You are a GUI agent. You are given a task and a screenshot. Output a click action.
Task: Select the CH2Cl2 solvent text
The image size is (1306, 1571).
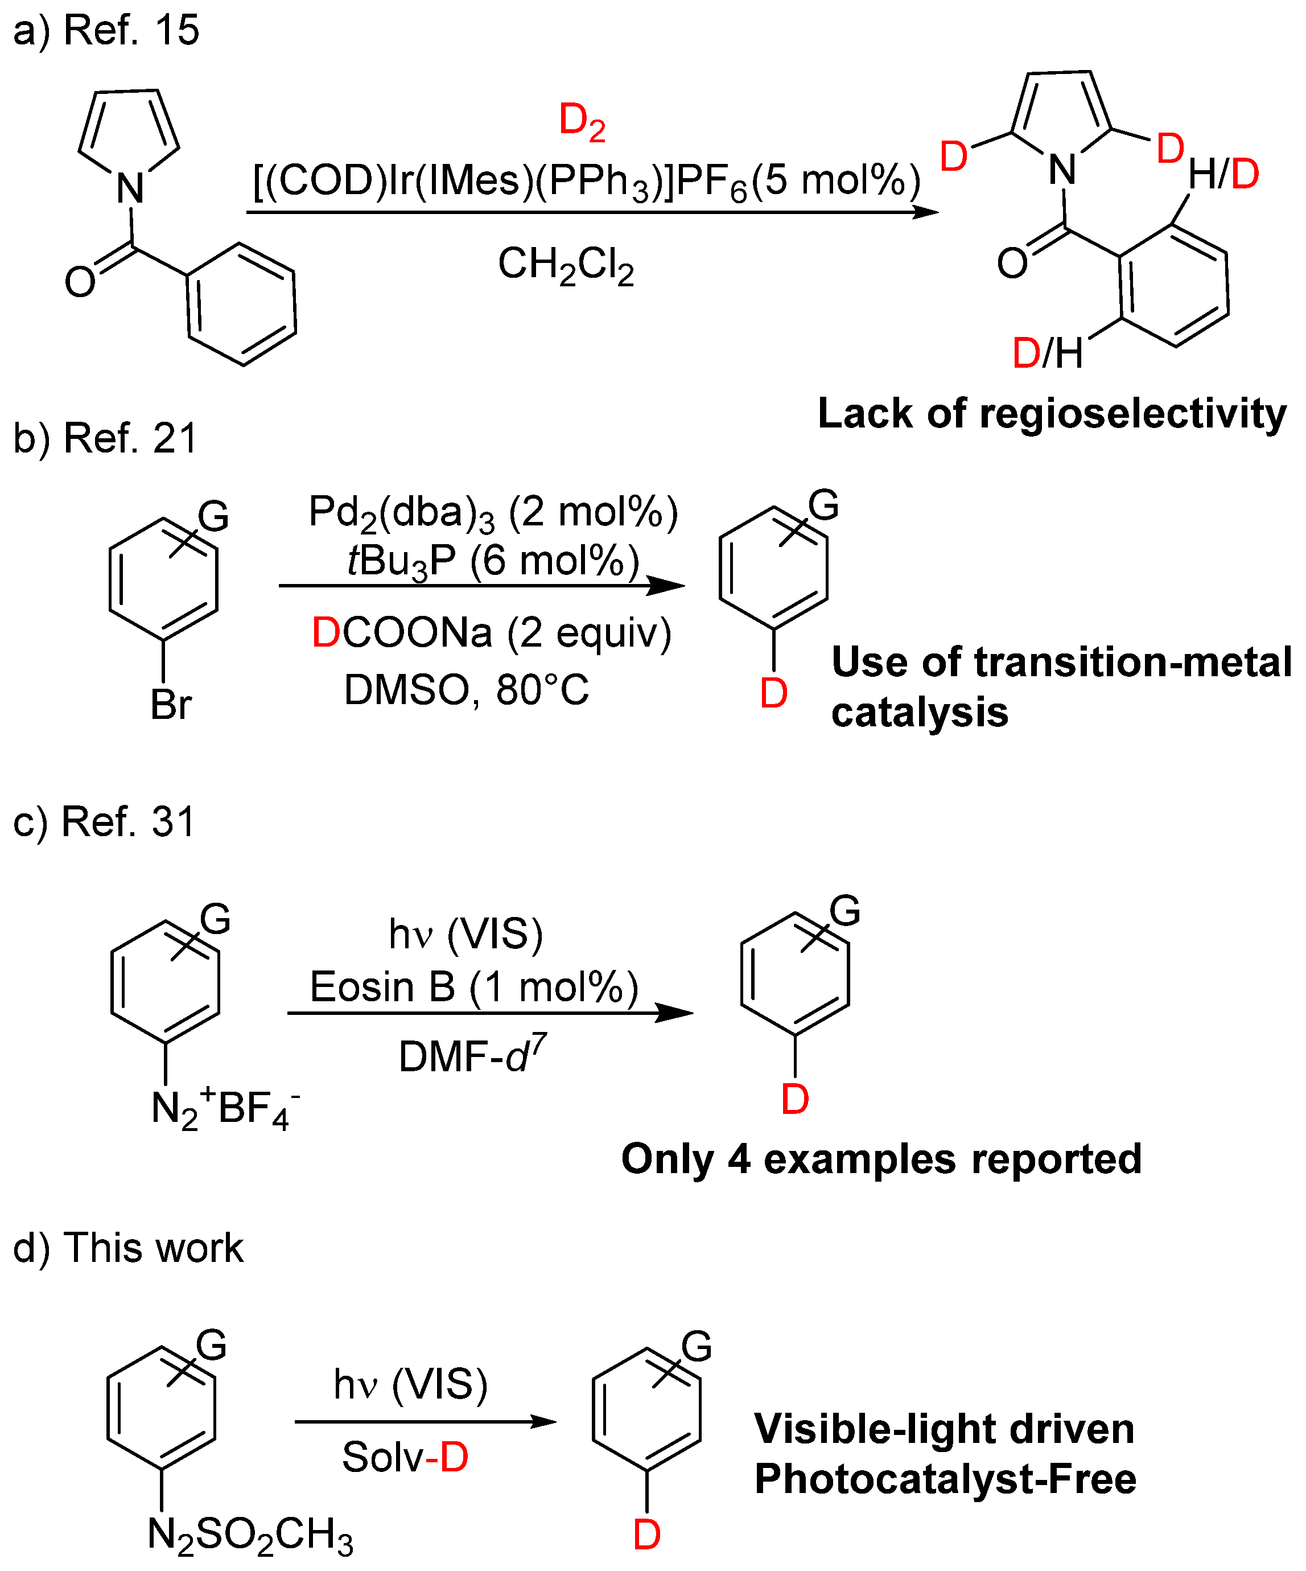pyautogui.click(x=566, y=266)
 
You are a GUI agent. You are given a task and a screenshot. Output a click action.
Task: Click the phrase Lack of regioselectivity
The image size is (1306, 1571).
pyautogui.click(x=1052, y=414)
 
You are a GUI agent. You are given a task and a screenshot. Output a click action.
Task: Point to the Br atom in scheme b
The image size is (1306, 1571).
pyautogui.click(x=171, y=704)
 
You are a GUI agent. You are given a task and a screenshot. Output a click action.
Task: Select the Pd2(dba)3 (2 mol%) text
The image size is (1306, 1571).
pyautogui.click(x=493, y=513)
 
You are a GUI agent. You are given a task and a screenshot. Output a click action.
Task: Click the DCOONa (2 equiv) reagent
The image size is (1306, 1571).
pyautogui.click(x=492, y=633)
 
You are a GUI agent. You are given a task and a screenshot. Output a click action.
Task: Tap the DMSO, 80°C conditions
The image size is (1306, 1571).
pyautogui.click(x=466, y=690)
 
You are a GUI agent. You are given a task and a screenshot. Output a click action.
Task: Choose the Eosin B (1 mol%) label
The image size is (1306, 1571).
pyautogui.click(x=473, y=987)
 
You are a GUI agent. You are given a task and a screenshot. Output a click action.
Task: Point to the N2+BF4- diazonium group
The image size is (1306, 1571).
pyautogui.click(x=224, y=1109)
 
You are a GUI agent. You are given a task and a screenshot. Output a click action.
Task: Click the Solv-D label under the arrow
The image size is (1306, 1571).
pyautogui.click(x=405, y=1457)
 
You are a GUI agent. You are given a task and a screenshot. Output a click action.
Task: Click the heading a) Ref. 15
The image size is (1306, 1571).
pyautogui.click(x=106, y=31)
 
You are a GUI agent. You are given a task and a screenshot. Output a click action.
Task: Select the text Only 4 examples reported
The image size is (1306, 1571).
pyautogui.click(x=881, y=1159)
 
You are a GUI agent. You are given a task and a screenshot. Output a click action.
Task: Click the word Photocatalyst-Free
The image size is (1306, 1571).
pyautogui.click(x=945, y=1479)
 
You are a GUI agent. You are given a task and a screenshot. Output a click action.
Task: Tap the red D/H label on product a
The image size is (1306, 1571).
pyautogui.click(x=1047, y=353)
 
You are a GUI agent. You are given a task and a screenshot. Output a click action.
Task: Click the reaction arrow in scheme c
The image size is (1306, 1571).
pyautogui.click(x=490, y=1013)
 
